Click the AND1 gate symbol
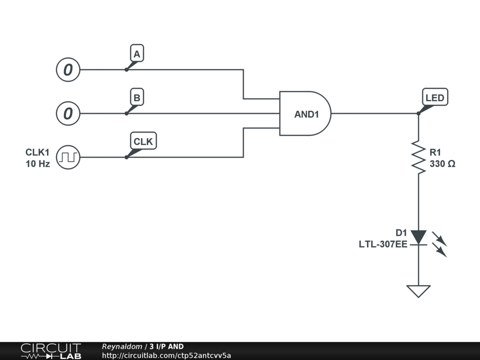pyautogui.click(x=305, y=113)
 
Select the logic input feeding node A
pyautogui.click(x=68, y=70)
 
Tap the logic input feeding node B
pyautogui.click(x=68, y=113)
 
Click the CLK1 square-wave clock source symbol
pyautogui.click(x=68, y=157)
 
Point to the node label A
pyautogui.click(x=136, y=54)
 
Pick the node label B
pyautogui.click(x=136, y=98)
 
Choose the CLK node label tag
pyautogui.click(x=143, y=141)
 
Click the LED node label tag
pyautogui.click(x=435, y=98)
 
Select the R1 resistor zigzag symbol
pyautogui.click(x=419, y=157)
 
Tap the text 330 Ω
pyautogui.click(x=442, y=164)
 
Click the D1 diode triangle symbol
pyautogui.click(x=419, y=237)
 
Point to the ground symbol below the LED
pyautogui.click(x=419, y=291)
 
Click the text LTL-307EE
pyautogui.click(x=383, y=244)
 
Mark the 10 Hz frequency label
pyautogui.click(x=37, y=164)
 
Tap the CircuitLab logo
pyautogui.click(x=51, y=351)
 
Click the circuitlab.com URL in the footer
pyautogui.click(x=166, y=356)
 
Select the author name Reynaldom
pyautogui.click(x=122, y=347)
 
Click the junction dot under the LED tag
pyautogui.click(x=419, y=113)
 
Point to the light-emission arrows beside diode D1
pyautogui.click(x=440, y=245)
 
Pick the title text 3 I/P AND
pyautogui.click(x=166, y=347)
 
